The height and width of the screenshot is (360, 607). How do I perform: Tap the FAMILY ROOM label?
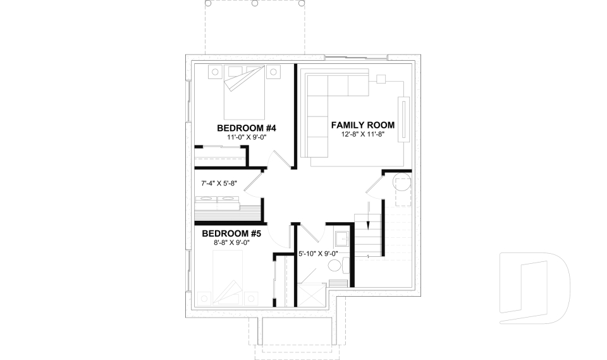click(x=363, y=125)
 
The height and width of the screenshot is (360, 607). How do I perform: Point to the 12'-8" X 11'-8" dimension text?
click(x=363, y=135)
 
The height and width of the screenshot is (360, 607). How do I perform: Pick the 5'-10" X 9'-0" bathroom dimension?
click(x=319, y=254)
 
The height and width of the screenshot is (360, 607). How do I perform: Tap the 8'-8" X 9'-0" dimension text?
click(x=230, y=242)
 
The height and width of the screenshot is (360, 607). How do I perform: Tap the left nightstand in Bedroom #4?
click(x=214, y=72)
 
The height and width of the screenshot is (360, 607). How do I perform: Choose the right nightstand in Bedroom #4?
click(x=273, y=73)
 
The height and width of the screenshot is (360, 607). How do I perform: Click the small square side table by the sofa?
click(x=381, y=79)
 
